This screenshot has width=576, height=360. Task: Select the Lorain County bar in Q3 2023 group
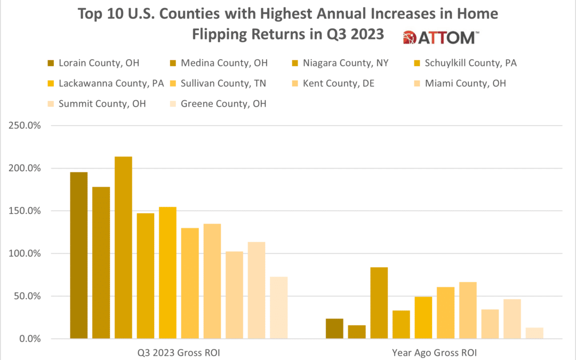click(79, 255)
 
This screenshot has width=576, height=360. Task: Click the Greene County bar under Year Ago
click(534, 333)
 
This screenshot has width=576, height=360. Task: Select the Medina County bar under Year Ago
click(357, 332)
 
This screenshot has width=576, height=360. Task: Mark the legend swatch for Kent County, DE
click(296, 84)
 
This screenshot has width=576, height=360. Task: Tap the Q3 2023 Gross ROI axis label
click(179, 352)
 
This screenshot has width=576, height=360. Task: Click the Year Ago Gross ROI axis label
click(435, 352)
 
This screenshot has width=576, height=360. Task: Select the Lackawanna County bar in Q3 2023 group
click(167, 273)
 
